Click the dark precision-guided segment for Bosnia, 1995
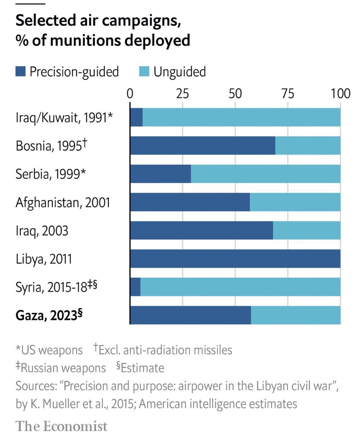click(202, 145)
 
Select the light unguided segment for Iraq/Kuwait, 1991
click(241, 117)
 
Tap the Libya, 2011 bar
click(235, 258)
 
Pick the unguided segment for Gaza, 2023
click(296, 315)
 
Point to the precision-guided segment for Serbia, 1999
click(160, 174)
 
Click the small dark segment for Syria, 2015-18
click(135, 287)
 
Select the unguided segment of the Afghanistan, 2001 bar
click(295, 202)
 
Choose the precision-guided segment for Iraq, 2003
click(201, 230)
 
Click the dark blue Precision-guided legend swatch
click(21, 72)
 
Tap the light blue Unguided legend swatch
click(144, 72)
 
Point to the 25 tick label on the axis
click(182, 94)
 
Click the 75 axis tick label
click(288, 94)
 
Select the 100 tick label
click(340, 94)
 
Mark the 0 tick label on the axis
click(130, 94)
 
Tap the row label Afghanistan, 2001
click(63, 202)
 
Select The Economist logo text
click(61, 426)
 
